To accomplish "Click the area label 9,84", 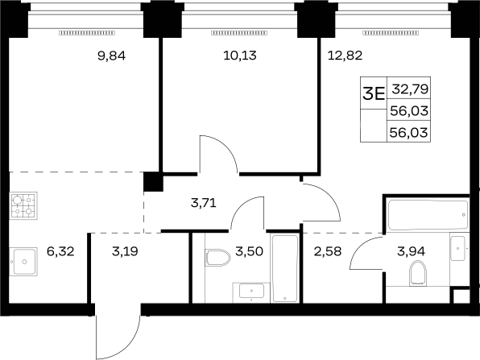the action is coord(111,56).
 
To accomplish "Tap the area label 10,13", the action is coord(240,56).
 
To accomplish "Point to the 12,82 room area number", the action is coord(345,56).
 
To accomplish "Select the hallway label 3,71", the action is coord(204,203).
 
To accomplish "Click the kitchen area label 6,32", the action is coord(60,251).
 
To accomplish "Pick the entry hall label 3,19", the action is coord(125,251).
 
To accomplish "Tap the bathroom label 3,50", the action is coord(249,251).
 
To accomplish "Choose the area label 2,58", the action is coord(328,251).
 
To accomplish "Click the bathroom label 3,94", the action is coord(411,251).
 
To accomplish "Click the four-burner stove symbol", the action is coord(23,205).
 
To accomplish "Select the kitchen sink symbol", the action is coord(23,262).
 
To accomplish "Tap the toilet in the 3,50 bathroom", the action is coord(218,258).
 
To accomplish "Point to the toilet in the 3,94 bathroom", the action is coord(418,273).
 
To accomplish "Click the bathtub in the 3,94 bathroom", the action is coord(428,214).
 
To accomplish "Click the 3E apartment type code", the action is coord(374,94).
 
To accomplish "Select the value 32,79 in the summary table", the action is coord(410,89).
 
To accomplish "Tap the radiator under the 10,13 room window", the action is coord(239,33).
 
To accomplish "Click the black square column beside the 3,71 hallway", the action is coord(153,182).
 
